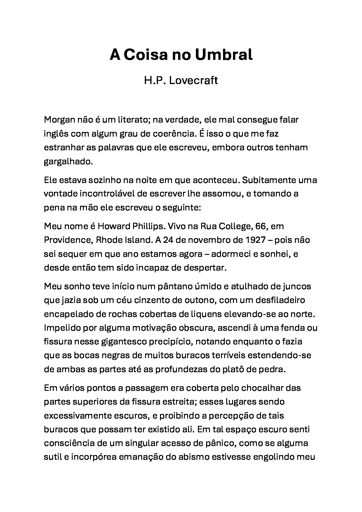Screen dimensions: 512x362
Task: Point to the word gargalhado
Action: (x=68, y=161)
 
